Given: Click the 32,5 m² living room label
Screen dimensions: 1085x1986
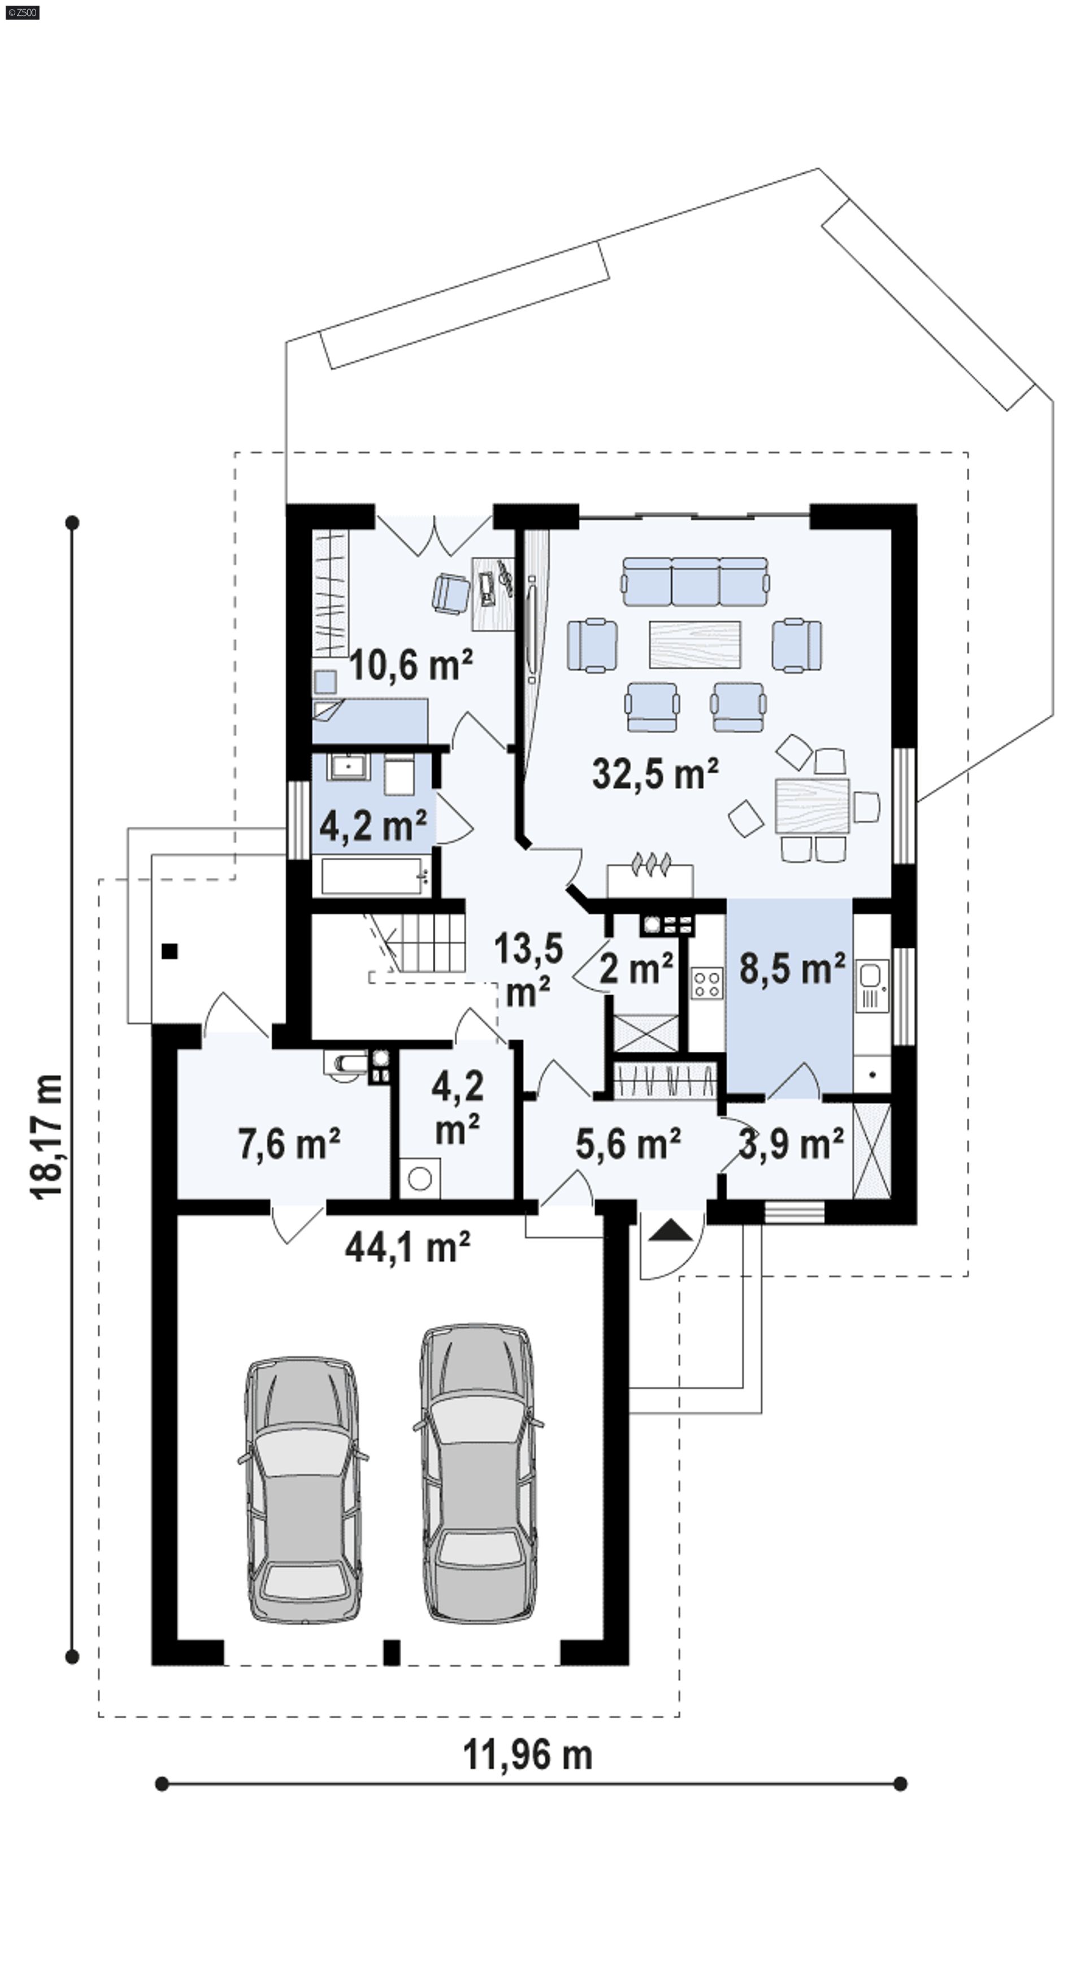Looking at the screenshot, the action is point(656,773).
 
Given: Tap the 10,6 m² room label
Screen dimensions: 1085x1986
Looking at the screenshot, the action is point(411,665).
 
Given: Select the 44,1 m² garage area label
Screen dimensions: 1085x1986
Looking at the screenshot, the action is point(407,1247).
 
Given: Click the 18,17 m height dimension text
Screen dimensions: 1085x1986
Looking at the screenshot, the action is point(47,1136).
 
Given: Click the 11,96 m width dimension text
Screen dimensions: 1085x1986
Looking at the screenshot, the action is point(527,1756).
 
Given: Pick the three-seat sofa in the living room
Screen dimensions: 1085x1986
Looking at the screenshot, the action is point(696,581).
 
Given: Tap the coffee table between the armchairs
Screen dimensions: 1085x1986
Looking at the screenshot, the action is point(695,644).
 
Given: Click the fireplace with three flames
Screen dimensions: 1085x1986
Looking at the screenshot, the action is point(650,875).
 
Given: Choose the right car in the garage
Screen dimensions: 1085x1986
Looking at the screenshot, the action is point(478,1473).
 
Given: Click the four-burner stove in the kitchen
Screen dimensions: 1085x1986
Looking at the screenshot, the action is point(706,983).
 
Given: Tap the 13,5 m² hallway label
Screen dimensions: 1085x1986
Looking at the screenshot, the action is point(529,969).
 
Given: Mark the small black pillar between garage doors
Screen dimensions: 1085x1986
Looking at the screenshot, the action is point(392,1652).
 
